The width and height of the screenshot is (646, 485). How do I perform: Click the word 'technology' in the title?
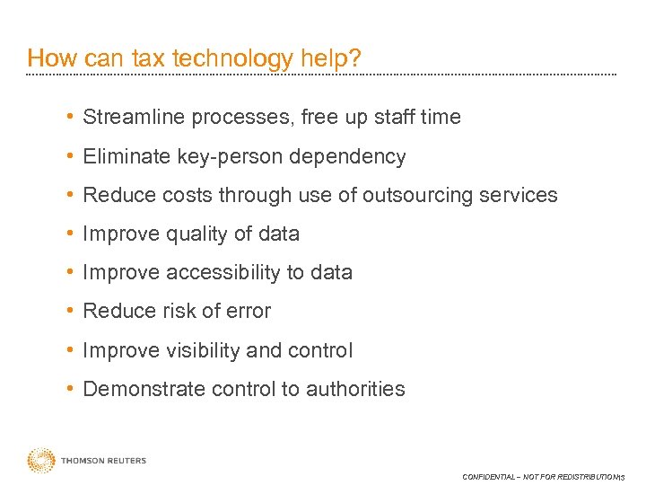click(231, 59)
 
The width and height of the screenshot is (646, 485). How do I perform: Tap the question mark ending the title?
click(355, 59)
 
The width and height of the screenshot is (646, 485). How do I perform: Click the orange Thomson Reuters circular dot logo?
click(41, 461)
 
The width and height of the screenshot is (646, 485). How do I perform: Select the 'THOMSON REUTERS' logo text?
click(103, 462)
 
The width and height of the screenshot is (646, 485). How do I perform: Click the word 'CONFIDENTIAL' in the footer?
click(488, 477)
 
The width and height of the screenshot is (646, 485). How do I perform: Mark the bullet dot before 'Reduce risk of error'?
click(70, 311)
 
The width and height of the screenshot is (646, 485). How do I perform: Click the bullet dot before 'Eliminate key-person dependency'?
click(70, 156)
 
